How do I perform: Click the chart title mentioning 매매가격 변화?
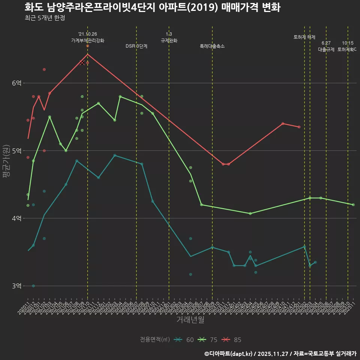click(152, 7)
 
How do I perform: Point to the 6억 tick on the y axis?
click(16, 83)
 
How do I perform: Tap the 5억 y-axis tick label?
click(16, 151)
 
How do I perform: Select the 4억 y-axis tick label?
click(16, 218)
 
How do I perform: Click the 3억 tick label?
click(16, 286)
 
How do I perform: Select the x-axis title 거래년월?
click(190, 320)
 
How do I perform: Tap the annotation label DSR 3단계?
click(136, 46)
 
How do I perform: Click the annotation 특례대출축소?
click(212, 46)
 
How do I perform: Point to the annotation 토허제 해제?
click(304, 37)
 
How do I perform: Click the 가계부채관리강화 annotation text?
click(88, 40)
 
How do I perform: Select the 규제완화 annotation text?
click(169, 40)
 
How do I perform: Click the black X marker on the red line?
click(82, 63)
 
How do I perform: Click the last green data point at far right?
click(353, 205)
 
